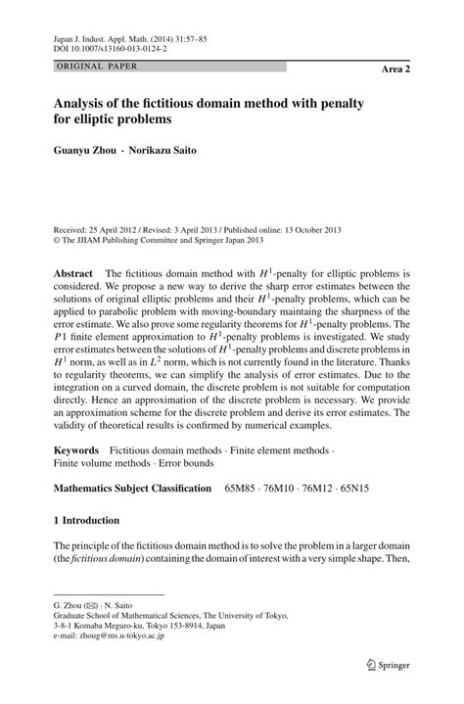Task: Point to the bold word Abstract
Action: [x=74, y=272]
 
